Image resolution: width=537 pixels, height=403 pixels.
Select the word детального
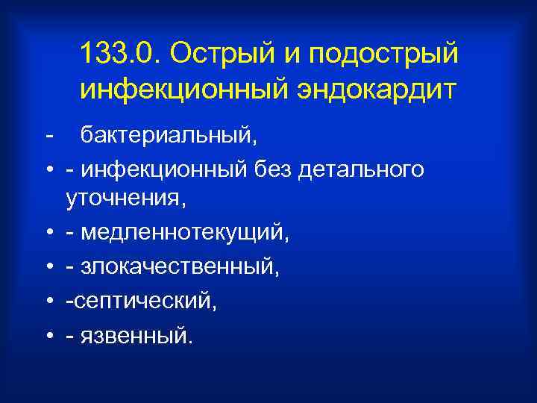[x=362, y=170]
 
